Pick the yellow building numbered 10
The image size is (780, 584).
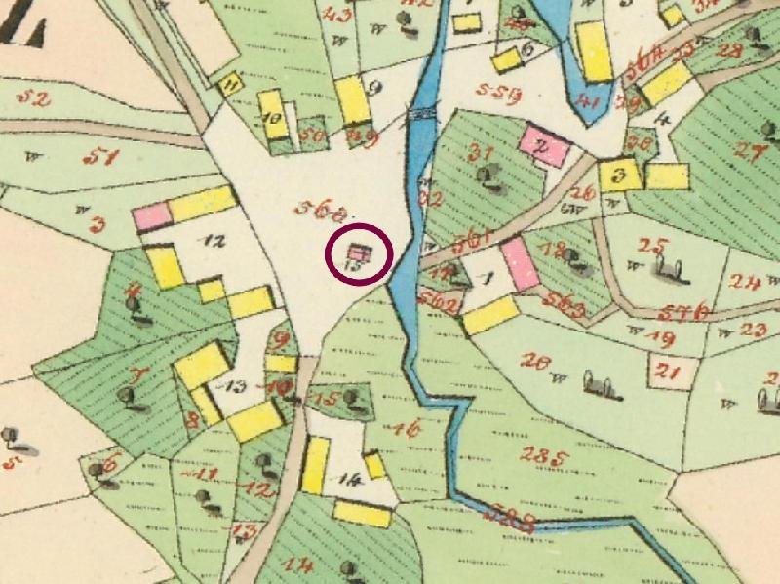pos(272,117)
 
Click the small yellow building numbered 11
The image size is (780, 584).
pos(230,84)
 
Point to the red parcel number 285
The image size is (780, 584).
pos(544,455)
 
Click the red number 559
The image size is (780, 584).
pos(500,93)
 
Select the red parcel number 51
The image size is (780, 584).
pos(99,157)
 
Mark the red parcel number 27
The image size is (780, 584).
pos(749,151)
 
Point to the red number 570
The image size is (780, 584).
pos(682,312)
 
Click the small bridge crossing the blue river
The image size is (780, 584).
pos(422,114)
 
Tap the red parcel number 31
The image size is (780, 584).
pos(480,152)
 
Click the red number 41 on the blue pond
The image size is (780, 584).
pos(587,99)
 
